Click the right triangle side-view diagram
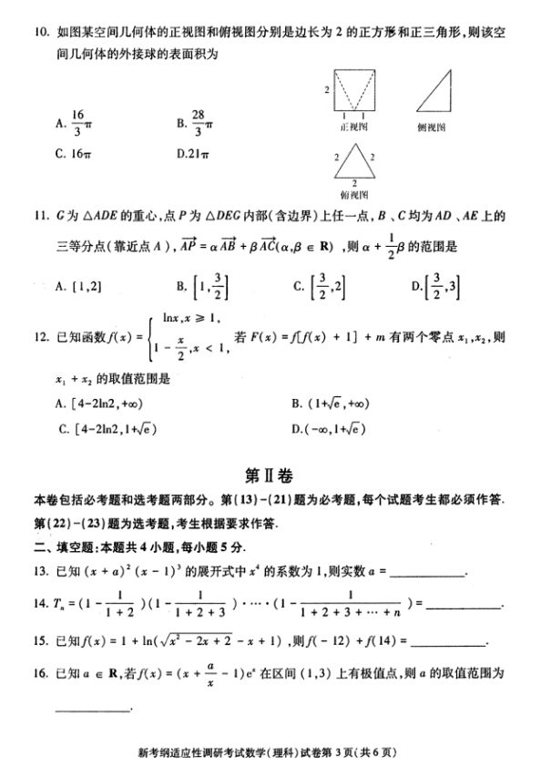[x=439, y=89]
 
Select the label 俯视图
[x=352, y=194]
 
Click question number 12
[x=39, y=336]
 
